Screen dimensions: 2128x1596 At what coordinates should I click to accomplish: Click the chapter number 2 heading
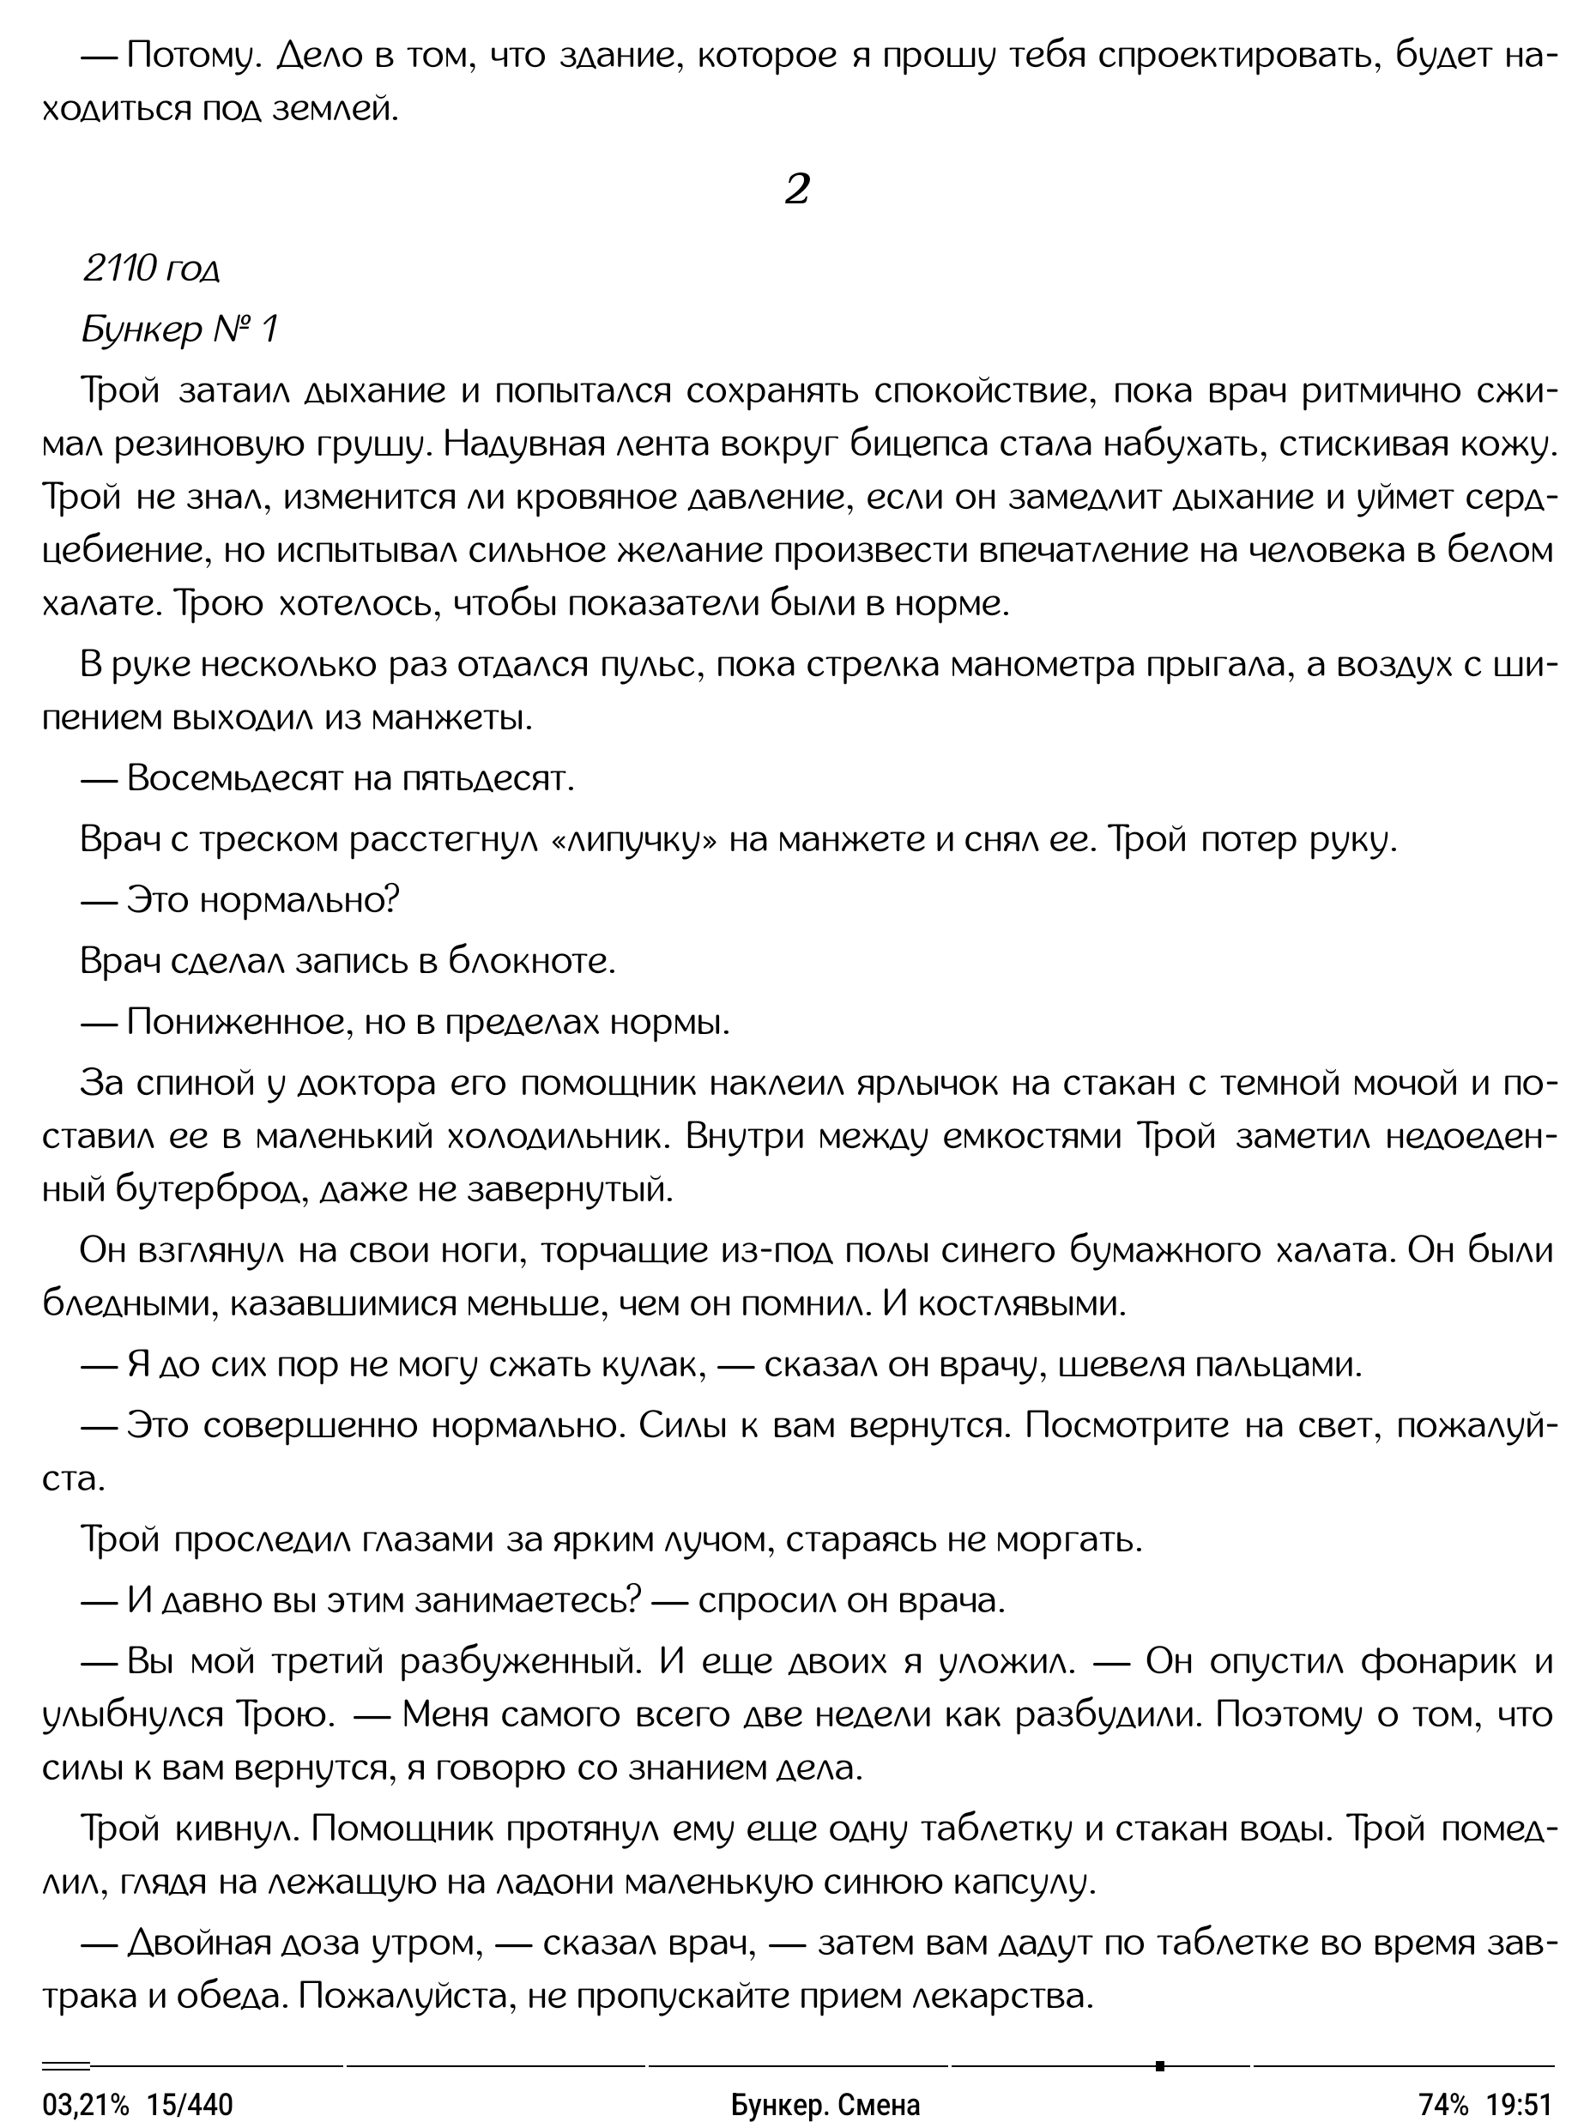[796, 190]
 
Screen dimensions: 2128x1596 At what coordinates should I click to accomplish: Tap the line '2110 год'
[151, 269]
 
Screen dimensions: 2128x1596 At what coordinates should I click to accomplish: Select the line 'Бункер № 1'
[180, 330]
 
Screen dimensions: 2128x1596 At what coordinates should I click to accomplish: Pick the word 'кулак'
[656, 1365]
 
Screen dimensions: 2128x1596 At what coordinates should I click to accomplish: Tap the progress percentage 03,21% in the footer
[86, 2106]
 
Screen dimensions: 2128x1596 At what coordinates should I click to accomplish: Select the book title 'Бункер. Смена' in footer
[825, 2106]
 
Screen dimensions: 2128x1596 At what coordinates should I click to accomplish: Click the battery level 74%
[1443, 2106]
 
